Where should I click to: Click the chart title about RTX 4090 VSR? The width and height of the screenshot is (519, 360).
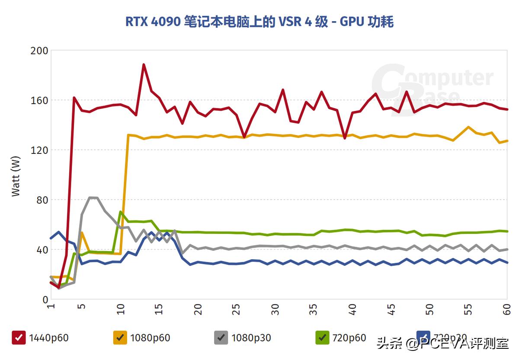pos(259,22)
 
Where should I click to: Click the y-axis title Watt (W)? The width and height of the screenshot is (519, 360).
pos(16,175)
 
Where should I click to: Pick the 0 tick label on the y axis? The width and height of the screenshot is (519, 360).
pos(45,299)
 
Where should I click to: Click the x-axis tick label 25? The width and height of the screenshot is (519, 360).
pos(236,310)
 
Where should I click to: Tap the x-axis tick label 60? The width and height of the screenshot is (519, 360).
pos(506,310)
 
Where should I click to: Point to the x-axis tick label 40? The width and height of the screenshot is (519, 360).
pos(352,310)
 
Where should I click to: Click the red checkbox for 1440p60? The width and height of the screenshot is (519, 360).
pos(19,338)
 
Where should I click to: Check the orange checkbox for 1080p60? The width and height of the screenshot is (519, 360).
pos(120,338)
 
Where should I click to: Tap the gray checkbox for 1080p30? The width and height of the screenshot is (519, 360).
pos(221,338)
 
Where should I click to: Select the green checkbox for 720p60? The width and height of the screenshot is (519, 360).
pos(322,338)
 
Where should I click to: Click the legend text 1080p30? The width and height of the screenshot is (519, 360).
pos(251,338)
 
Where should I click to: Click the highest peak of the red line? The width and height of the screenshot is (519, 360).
pos(144,65)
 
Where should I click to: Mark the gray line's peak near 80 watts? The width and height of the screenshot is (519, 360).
pos(92,198)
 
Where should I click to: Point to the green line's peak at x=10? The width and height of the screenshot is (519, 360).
pos(121,212)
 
